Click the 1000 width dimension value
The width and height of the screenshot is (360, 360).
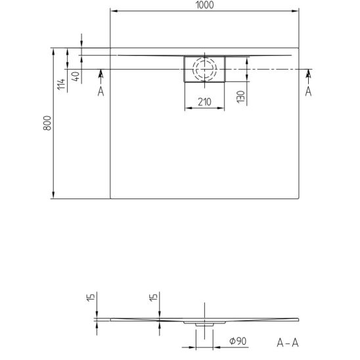[204, 5]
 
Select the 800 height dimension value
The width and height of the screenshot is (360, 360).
[47, 123]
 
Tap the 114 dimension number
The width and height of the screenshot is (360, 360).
[61, 84]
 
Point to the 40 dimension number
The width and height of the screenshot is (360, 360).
[76, 76]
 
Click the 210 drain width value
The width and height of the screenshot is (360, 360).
[204, 102]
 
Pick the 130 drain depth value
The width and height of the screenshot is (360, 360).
[241, 97]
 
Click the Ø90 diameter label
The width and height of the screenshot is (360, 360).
[238, 341]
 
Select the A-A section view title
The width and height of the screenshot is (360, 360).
[288, 343]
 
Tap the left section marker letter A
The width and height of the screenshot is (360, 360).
[101, 91]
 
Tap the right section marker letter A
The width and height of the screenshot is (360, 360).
[308, 91]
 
